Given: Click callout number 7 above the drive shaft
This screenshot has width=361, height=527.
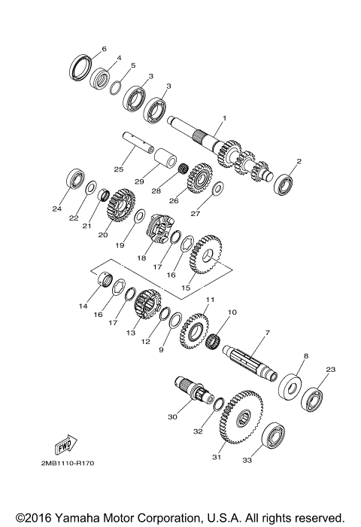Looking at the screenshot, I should [x=266, y=332].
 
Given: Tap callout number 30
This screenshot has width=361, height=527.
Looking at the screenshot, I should [x=173, y=416].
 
